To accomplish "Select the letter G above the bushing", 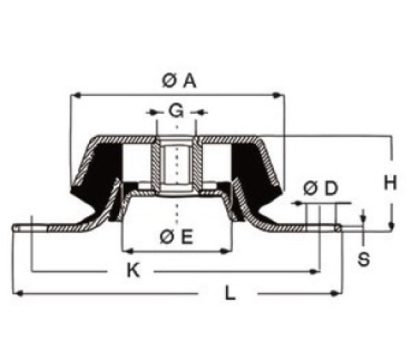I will point(176,110).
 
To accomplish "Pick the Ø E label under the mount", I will point(176,237).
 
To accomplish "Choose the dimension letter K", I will point(134,272).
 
